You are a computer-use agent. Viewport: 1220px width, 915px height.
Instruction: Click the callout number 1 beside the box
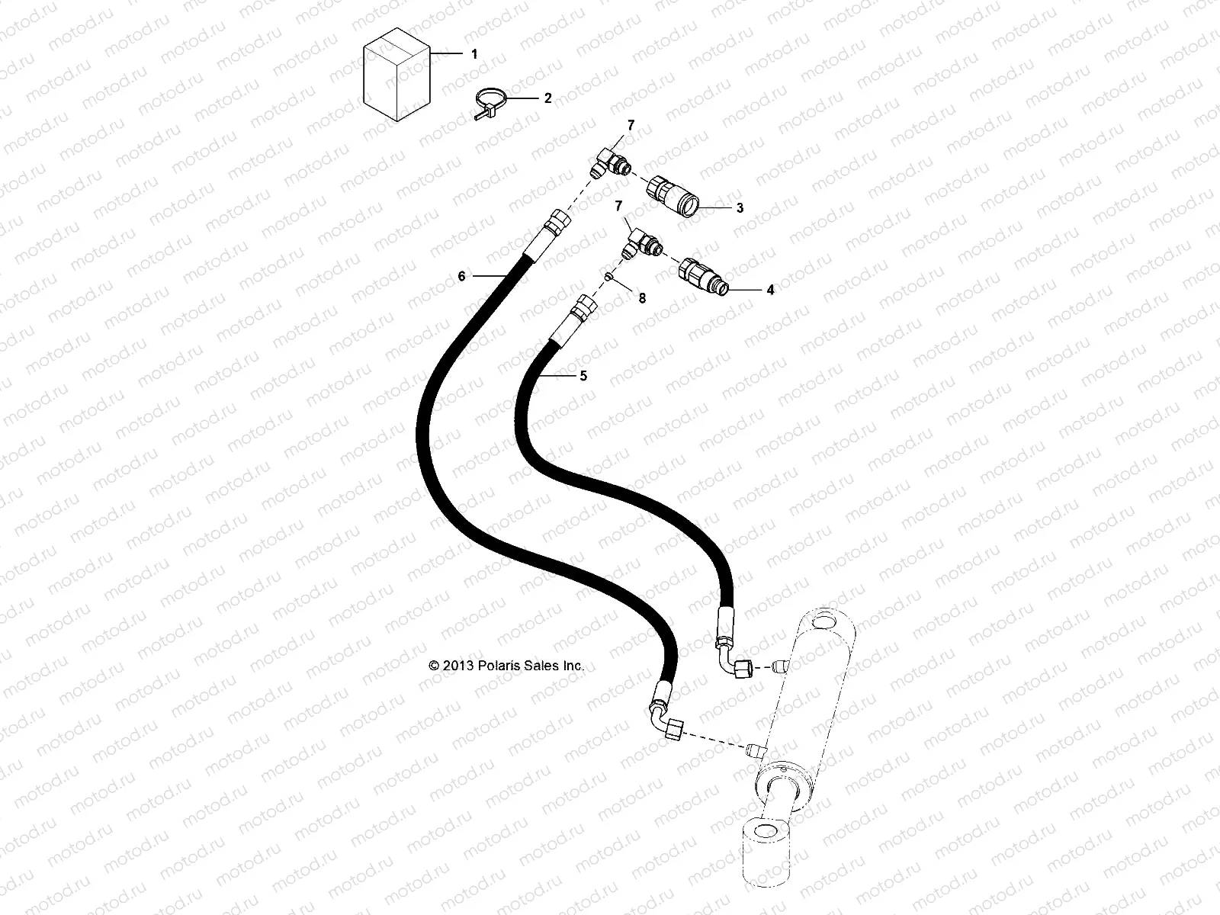474,54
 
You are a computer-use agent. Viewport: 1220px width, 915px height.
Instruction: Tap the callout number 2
547,98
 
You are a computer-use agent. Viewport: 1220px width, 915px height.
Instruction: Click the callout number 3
739,208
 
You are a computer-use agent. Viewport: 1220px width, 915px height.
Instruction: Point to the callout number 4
770,290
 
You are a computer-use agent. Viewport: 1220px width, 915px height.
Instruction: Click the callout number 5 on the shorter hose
583,376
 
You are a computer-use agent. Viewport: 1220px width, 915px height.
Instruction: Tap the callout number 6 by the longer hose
461,277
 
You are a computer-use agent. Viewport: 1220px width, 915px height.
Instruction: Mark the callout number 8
642,299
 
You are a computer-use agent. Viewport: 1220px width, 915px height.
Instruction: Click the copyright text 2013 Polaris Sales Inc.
507,666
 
